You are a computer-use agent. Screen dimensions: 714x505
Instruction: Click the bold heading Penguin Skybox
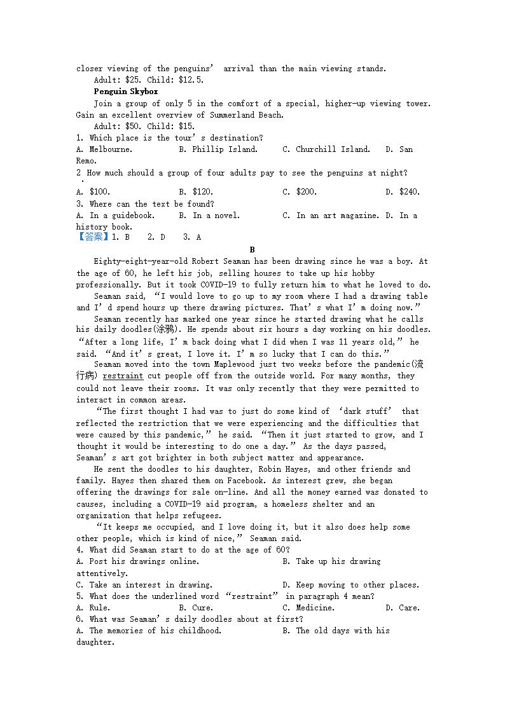pos(126,92)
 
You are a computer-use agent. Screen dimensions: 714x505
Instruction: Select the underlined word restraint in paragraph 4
pos(123,376)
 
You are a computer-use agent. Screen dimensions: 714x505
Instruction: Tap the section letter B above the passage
pos(253,250)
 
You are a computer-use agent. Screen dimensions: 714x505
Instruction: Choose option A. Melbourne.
pos(104,149)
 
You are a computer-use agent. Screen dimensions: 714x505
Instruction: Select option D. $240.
pos(403,192)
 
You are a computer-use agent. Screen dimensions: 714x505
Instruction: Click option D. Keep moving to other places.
pos(351,585)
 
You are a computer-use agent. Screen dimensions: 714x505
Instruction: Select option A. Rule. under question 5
pos(93,608)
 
